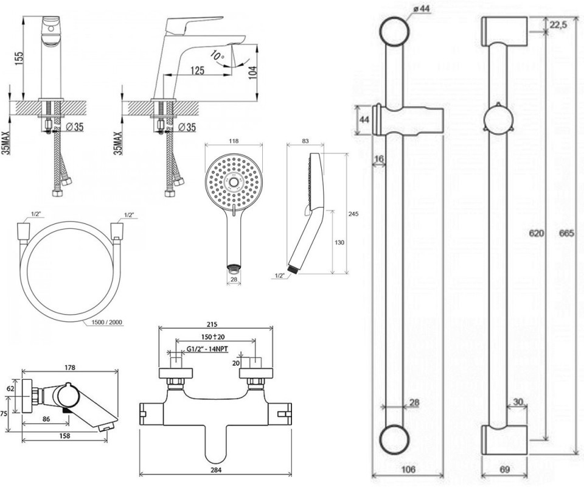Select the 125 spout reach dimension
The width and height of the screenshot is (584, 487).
click(197, 71)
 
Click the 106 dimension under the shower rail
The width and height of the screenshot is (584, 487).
click(409, 469)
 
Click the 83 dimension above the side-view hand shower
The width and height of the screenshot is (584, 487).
click(305, 141)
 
